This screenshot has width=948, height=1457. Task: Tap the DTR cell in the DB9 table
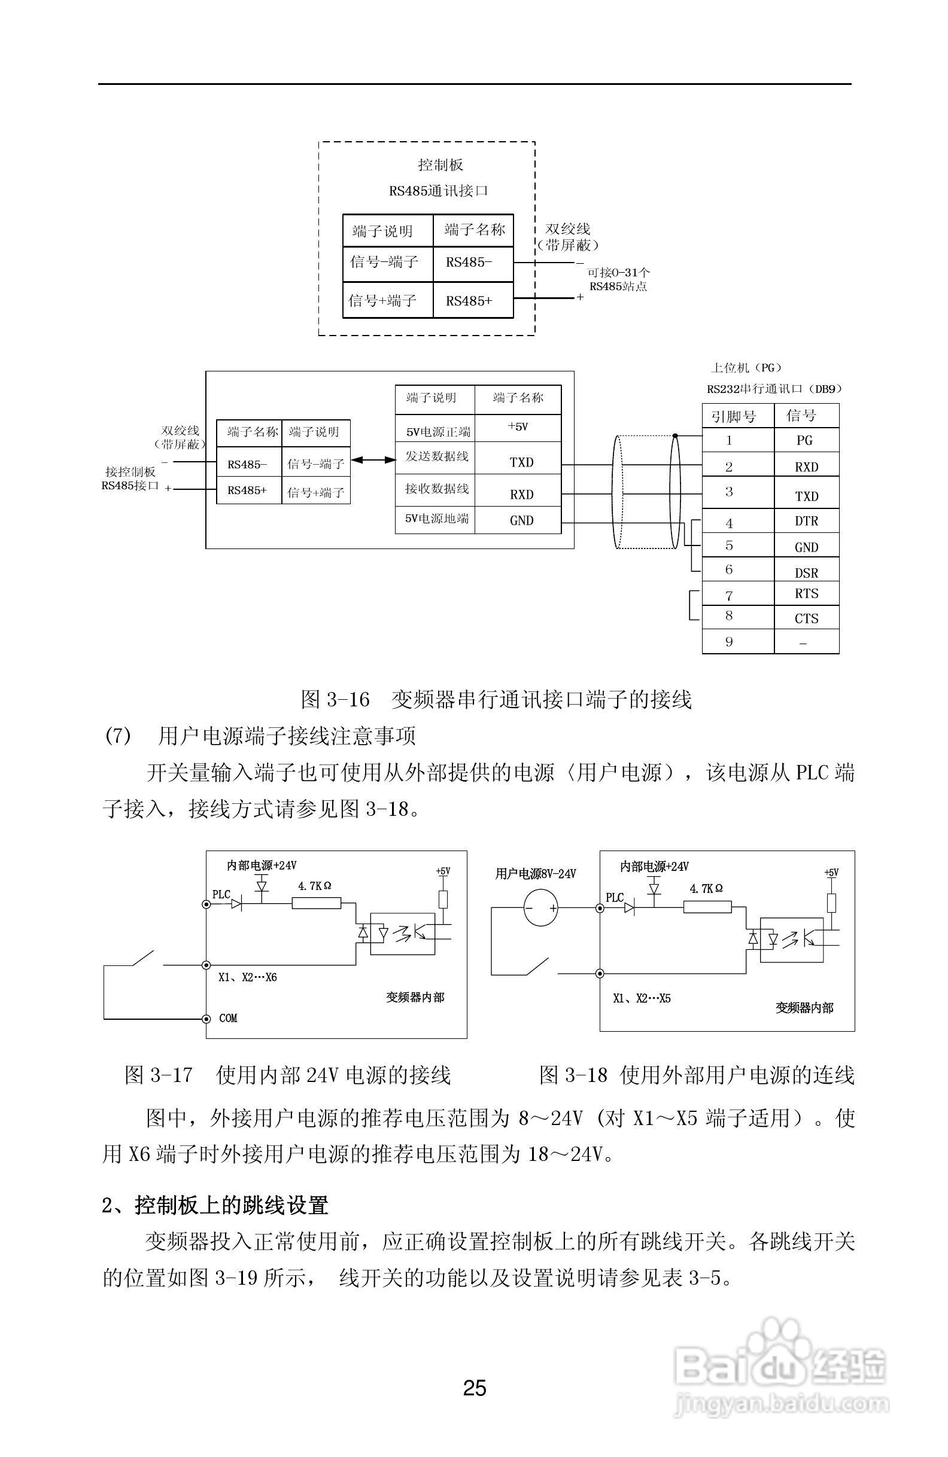click(x=806, y=521)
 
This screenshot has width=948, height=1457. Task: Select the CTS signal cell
click(x=806, y=618)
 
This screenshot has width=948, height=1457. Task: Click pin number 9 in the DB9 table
click(x=729, y=642)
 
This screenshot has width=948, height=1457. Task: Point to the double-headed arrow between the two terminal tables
click(x=373, y=459)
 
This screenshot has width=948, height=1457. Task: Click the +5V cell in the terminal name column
click(x=518, y=427)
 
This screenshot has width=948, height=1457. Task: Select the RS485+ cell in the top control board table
click(x=469, y=301)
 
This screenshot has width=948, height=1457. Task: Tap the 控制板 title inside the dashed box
click(x=440, y=164)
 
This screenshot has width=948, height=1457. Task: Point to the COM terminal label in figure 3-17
click(x=228, y=1018)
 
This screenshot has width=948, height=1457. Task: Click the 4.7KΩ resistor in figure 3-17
click(x=316, y=903)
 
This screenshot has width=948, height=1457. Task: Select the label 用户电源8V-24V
click(x=535, y=874)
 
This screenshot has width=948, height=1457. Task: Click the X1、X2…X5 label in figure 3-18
click(x=641, y=998)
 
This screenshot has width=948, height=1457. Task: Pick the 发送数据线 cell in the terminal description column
click(x=437, y=457)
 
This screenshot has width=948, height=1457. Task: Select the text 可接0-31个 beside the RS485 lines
click(x=618, y=273)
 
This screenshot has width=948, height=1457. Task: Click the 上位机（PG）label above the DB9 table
click(x=745, y=367)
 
